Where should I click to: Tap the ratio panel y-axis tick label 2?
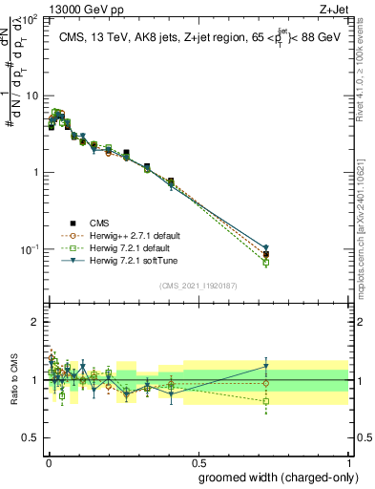[x=35, y=323]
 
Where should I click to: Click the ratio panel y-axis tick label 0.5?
[x=31, y=437]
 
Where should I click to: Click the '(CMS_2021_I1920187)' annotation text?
[x=198, y=285]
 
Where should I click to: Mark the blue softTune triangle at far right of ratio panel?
[x=266, y=366]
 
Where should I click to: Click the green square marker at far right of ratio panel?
[x=266, y=401]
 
